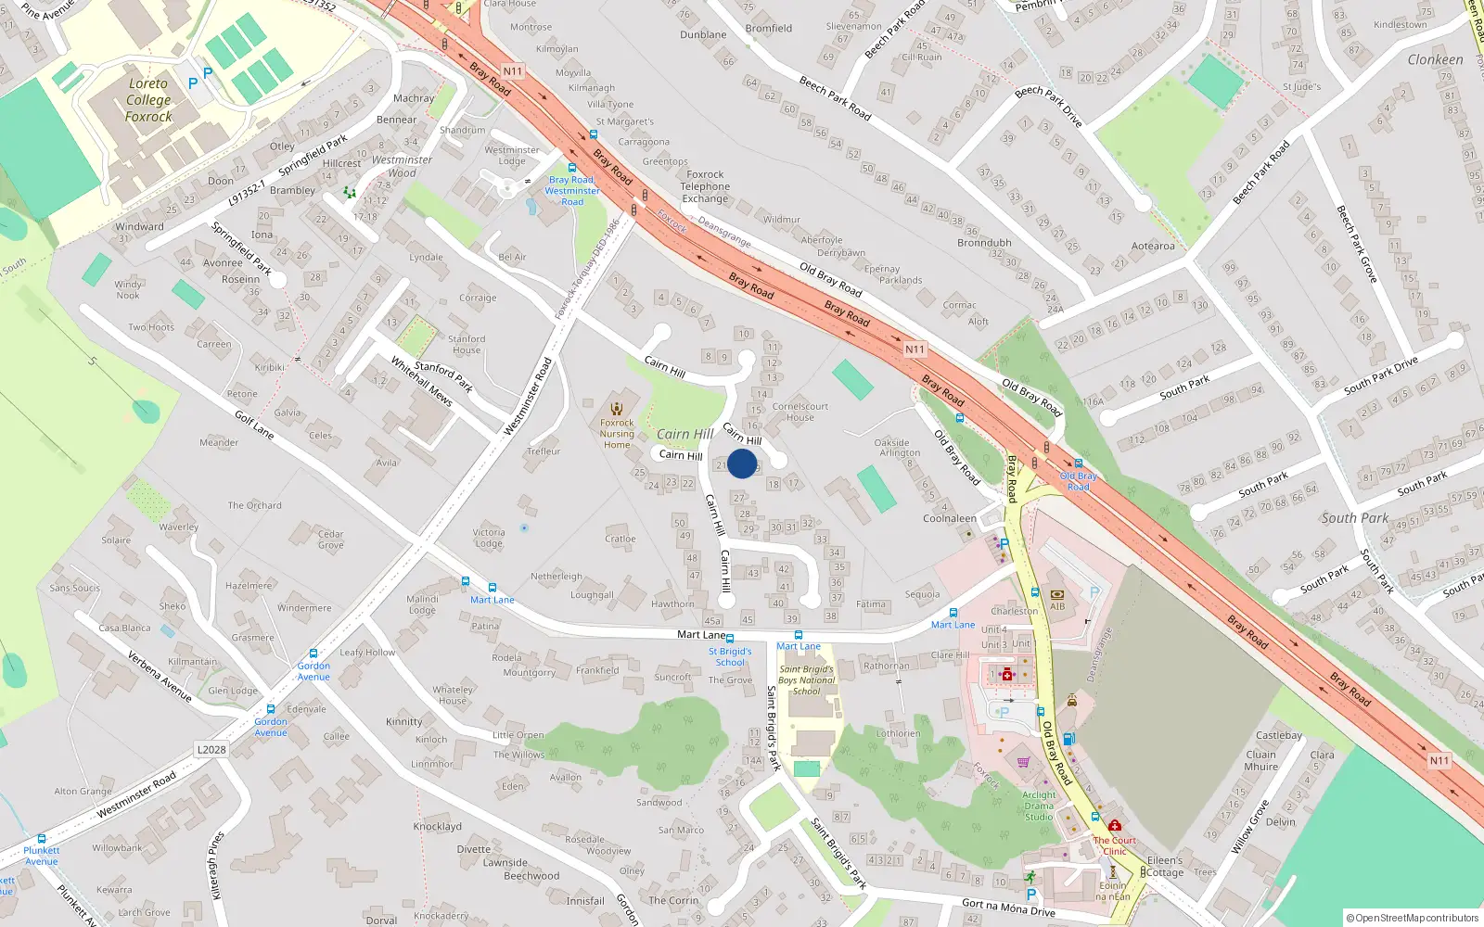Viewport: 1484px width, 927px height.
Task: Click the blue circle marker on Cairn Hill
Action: (x=742, y=463)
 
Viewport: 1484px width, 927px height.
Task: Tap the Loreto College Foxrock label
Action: (x=148, y=100)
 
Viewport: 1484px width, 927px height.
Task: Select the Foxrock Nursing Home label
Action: (x=617, y=434)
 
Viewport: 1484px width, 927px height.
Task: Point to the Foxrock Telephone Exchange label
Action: (x=705, y=186)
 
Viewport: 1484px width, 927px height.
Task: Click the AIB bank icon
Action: (x=1056, y=595)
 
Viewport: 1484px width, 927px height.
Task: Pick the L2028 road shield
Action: (x=211, y=749)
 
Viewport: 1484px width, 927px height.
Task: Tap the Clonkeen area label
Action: (x=1435, y=59)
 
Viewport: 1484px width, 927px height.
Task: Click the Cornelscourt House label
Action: (x=800, y=412)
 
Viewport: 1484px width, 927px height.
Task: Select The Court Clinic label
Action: (x=1114, y=845)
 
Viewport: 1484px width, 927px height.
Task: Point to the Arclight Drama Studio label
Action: (x=1039, y=806)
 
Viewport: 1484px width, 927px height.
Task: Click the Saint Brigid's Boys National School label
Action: (x=806, y=679)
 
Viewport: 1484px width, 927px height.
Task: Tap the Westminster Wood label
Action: (x=402, y=166)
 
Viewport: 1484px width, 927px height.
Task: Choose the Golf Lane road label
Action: (x=253, y=425)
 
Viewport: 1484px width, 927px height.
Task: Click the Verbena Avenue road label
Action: (x=160, y=676)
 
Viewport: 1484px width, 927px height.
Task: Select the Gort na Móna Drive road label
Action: (x=1008, y=907)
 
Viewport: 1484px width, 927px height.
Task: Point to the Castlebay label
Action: (x=1279, y=735)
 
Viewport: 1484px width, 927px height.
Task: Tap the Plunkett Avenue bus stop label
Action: (x=41, y=856)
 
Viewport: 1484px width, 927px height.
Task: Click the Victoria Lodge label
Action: (x=489, y=538)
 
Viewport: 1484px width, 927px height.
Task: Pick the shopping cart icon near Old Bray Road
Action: (x=1023, y=762)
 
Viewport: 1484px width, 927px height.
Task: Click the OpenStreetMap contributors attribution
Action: (x=1412, y=918)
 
